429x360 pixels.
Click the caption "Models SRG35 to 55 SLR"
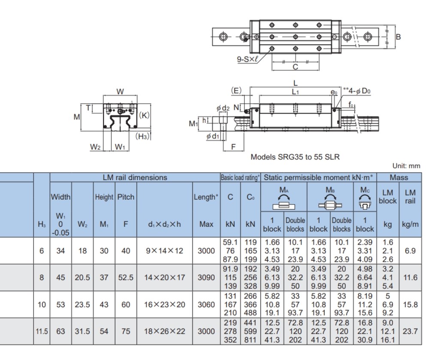click(x=295, y=157)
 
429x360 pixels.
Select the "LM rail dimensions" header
click(x=135, y=177)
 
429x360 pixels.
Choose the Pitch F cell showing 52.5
click(x=126, y=277)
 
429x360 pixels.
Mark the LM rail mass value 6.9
click(x=411, y=251)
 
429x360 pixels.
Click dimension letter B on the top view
click(x=398, y=37)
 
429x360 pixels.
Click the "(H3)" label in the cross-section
click(x=142, y=136)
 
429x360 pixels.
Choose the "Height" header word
click(x=103, y=198)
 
